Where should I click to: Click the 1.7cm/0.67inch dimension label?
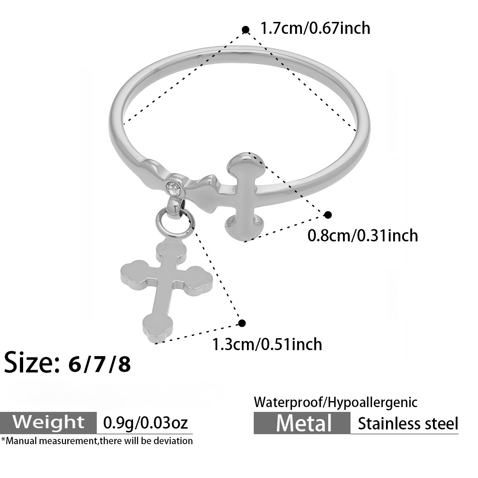[x=315, y=28]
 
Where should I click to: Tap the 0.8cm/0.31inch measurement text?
[x=362, y=235]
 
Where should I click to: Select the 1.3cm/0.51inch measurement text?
[x=267, y=344]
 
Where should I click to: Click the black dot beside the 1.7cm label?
[x=246, y=30]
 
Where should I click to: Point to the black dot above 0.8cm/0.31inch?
[x=328, y=215]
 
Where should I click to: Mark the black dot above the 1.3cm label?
[x=242, y=323]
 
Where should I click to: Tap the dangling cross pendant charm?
[x=167, y=290]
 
